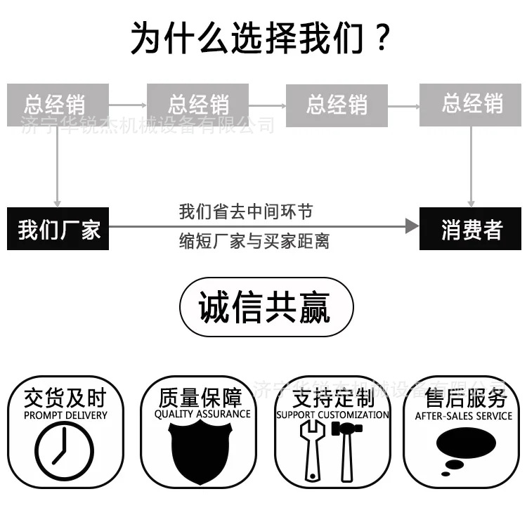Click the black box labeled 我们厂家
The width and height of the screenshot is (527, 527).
point(58,229)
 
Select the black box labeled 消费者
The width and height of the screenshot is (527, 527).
point(471,229)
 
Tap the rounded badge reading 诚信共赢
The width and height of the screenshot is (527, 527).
point(266,307)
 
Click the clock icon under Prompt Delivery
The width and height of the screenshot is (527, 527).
point(64,450)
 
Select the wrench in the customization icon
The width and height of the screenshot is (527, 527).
point(311,454)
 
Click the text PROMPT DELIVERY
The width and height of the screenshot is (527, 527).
point(65,415)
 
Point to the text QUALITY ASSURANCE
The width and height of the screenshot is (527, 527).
point(202,415)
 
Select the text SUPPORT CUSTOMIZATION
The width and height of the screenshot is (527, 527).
point(332,415)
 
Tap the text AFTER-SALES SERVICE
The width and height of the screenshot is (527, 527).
point(464,416)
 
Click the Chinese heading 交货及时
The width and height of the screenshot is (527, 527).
point(64,398)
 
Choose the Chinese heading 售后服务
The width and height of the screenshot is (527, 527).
point(465,398)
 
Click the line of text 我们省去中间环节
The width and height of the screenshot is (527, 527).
point(245,212)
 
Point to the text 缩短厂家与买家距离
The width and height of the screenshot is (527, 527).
point(254,242)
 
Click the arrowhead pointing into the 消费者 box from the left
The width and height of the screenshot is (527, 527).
point(412,226)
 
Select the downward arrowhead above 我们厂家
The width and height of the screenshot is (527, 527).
point(58,202)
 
